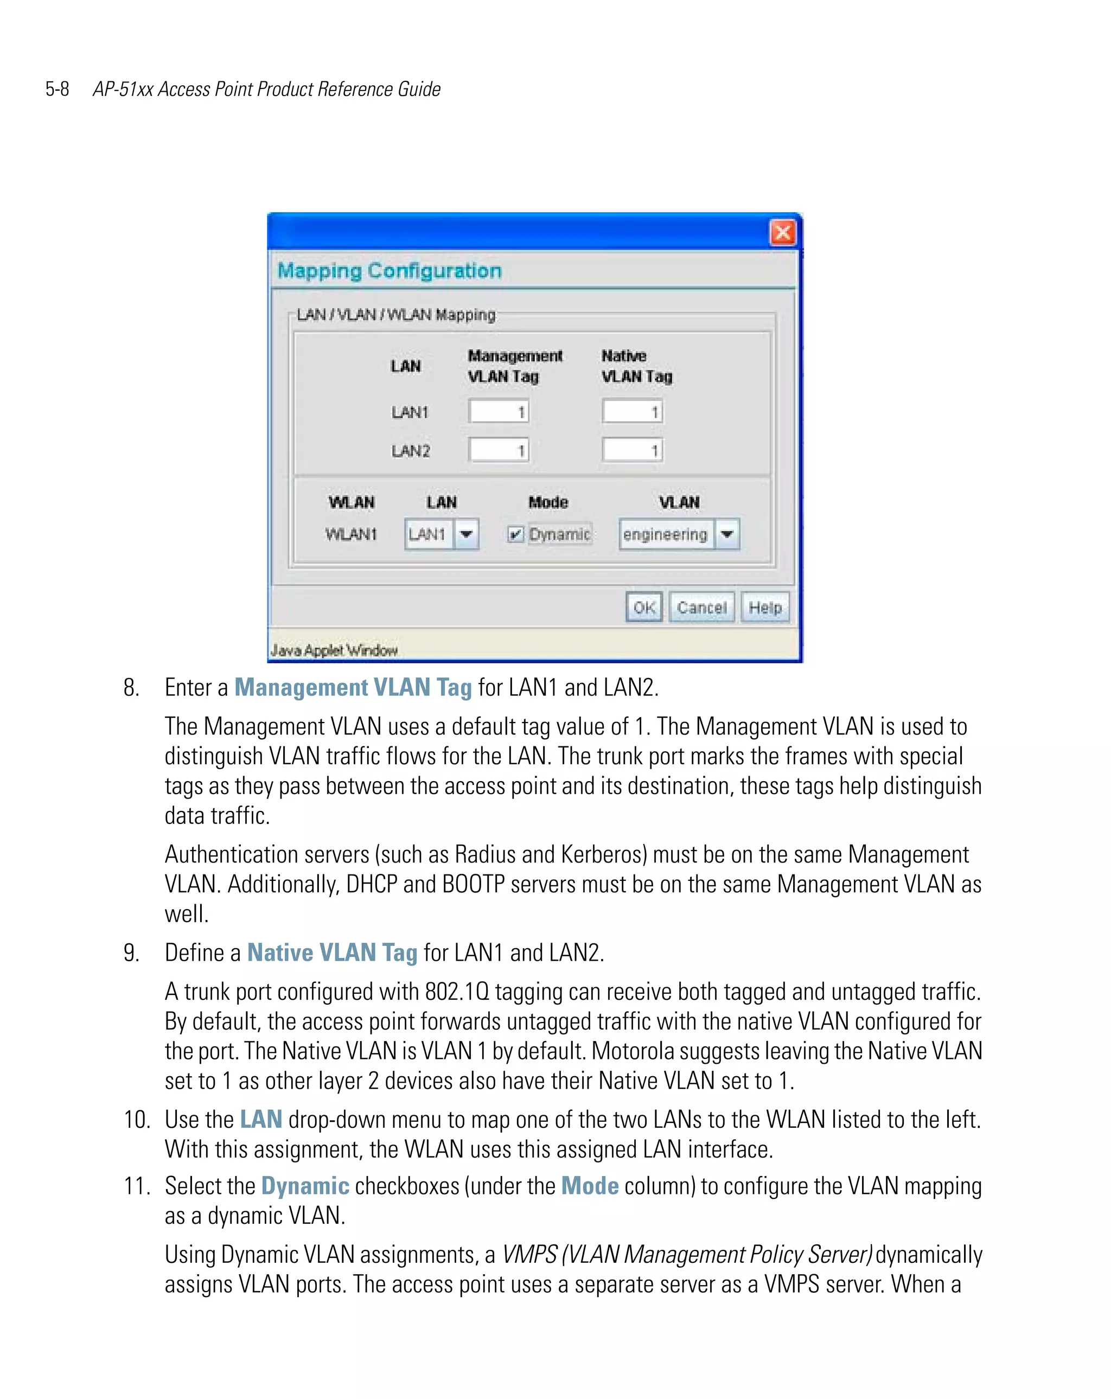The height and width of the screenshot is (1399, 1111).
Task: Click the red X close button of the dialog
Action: pyautogui.click(x=782, y=232)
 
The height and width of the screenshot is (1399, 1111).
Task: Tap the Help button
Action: pyautogui.click(x=764, y=608)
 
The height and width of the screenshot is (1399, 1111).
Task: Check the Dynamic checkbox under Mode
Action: pyautogui.click(x=515, y=534)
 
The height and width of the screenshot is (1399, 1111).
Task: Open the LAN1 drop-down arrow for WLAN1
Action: pyautogui.click(x=466, y=534)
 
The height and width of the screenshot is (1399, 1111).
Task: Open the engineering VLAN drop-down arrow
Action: pyautogui.click(x=727, y=534)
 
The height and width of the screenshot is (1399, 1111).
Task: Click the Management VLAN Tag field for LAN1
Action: pyautogui.click(x=499, y=411)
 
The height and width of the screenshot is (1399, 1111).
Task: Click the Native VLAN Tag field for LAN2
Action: pyautogui.click(x=632, y=450)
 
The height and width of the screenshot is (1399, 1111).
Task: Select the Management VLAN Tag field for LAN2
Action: pyautogui.click(x=499, y=450)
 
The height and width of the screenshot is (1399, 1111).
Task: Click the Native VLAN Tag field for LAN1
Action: pyautogui.click(x=632, y=411)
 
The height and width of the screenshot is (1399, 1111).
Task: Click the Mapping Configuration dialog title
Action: pyautogui.click(x=390, y=271)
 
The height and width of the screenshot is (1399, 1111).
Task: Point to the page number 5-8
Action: pyautogui.click(x=57, y=89)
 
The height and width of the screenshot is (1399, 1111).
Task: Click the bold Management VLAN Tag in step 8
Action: pyautogui.click(x=353, y=687)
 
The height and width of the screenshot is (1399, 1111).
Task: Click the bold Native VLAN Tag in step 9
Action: pyautogui.click(x=332, y=953)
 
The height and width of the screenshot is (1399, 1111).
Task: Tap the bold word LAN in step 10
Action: pyautogui.click(x=260, y=1119)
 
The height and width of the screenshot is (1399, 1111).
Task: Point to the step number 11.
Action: pyautogui.click(x=136, y=1186)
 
